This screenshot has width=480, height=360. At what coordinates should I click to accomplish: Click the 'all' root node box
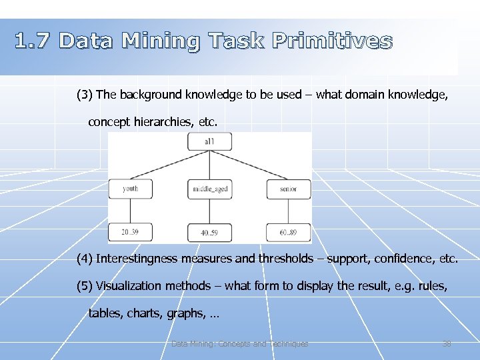tap(209, 141)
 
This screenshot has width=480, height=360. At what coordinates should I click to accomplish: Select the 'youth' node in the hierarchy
tap(130, 189)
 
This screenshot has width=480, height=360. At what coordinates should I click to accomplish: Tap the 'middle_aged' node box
tap(210, 189)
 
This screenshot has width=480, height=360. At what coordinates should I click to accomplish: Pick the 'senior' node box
tap(288, 189)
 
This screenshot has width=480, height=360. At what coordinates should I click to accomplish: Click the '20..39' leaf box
tap(130, 232)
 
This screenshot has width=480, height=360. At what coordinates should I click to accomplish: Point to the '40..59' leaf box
tap(210, 232)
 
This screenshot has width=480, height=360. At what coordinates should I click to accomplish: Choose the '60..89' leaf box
tap(288, 232)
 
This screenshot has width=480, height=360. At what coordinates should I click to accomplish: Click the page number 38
tap(447, 344)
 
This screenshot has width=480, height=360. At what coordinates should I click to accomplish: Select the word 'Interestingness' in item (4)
tap(137, 259)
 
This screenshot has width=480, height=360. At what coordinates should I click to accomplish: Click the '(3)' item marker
tap(85, 95)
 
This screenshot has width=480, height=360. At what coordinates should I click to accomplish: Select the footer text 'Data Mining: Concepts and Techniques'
tap(239, 344)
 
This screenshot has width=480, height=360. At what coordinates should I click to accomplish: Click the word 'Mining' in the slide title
tap(161, 42)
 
